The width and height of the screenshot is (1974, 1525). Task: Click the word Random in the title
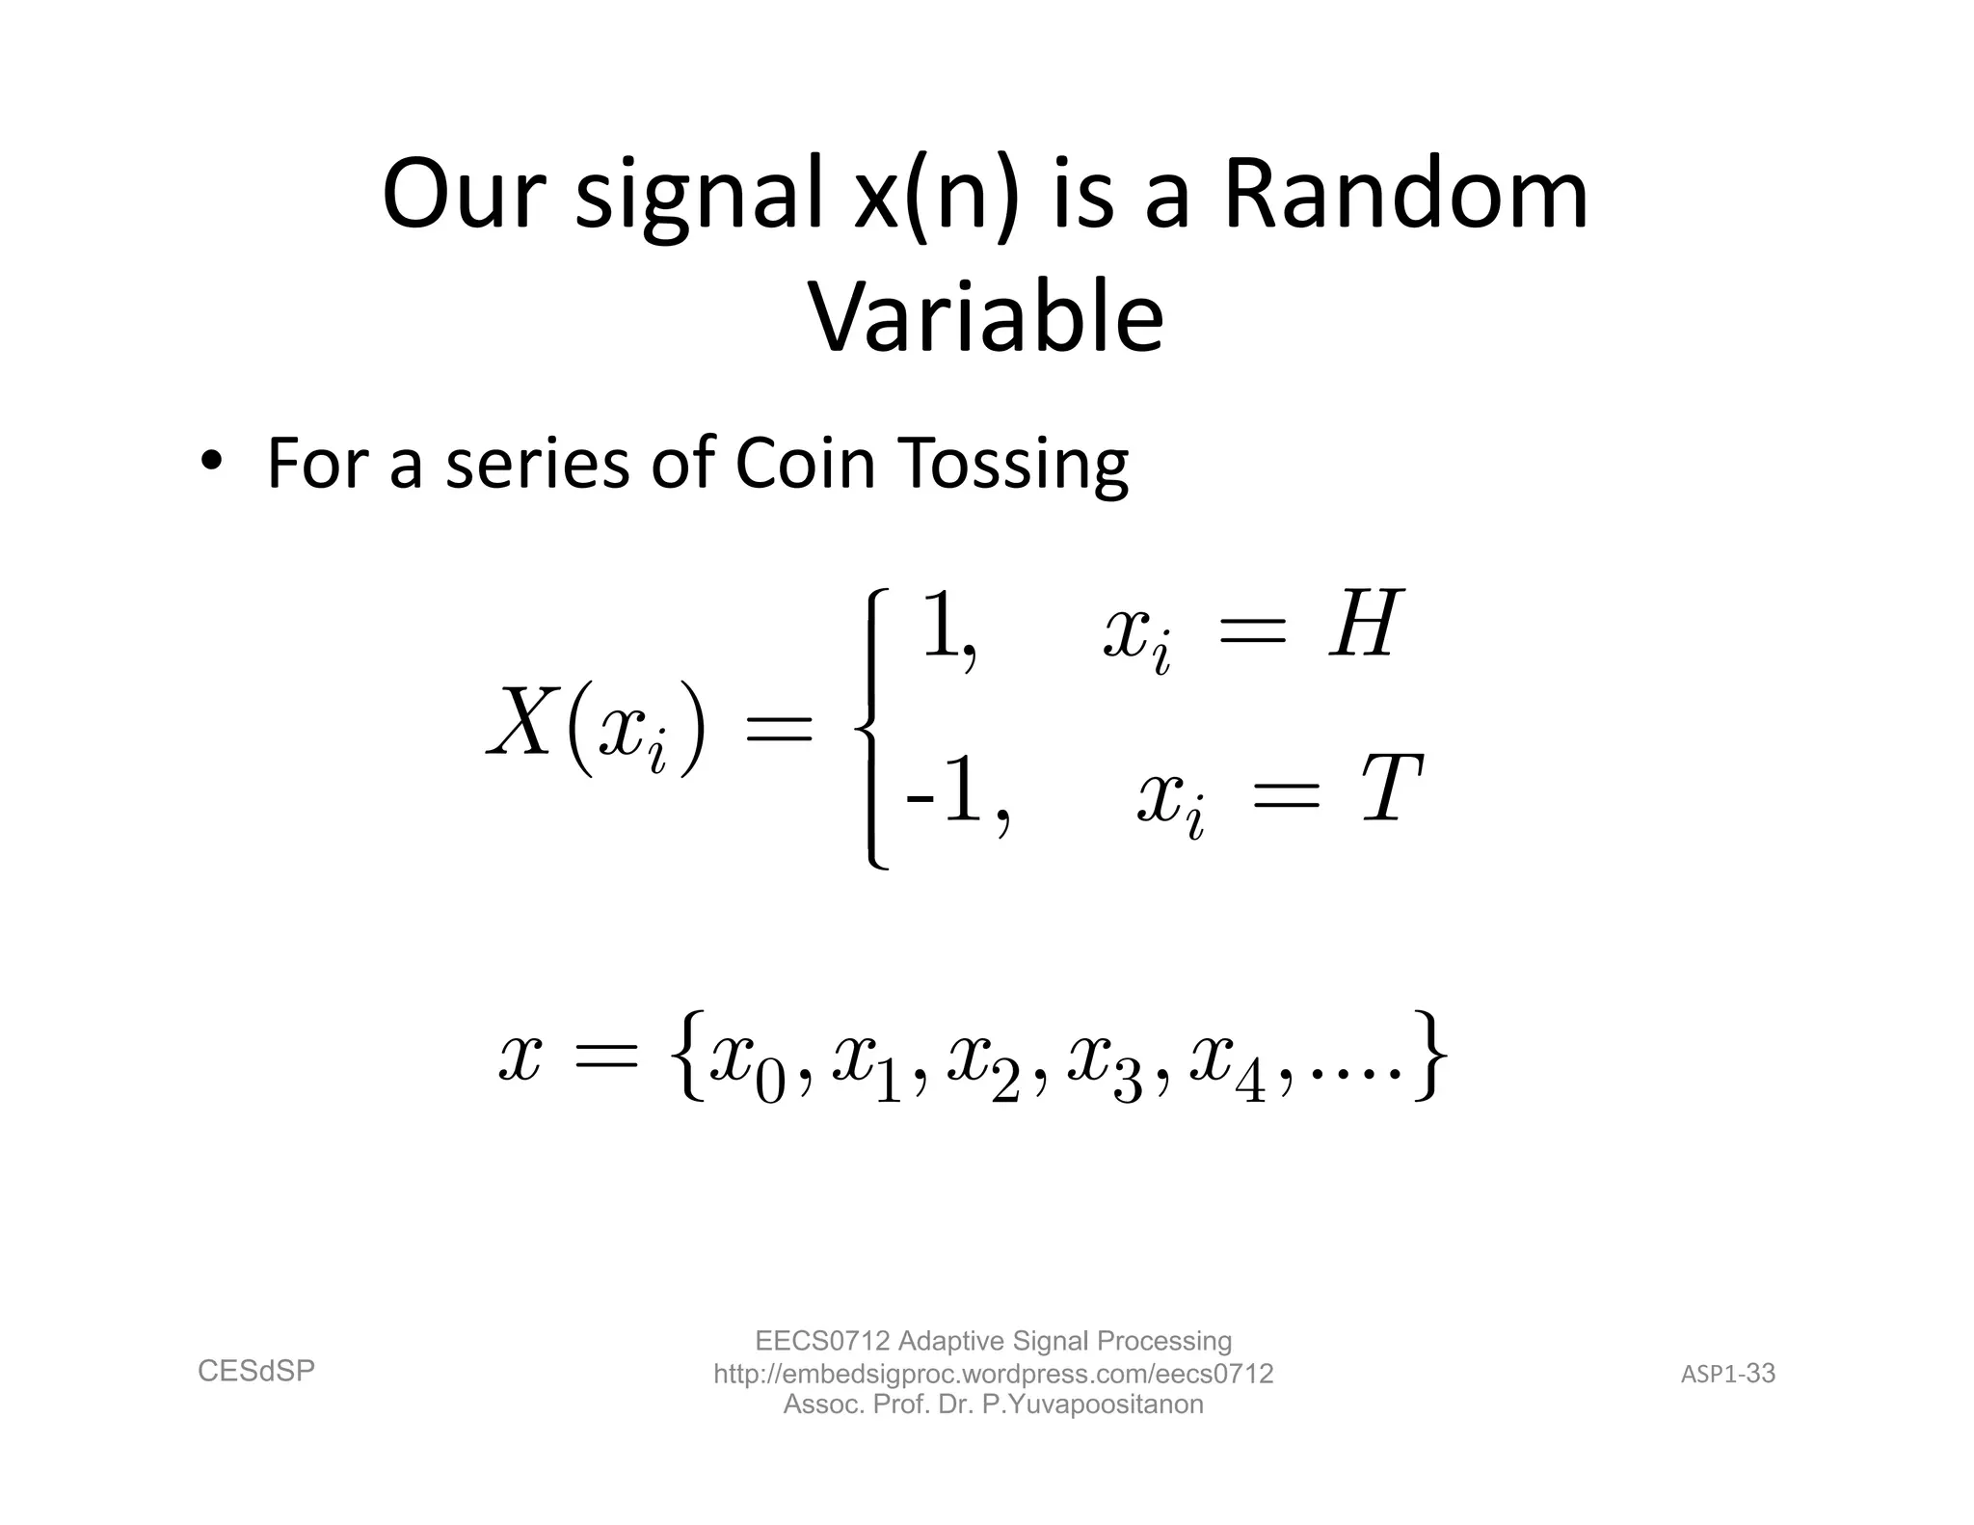(1405, 195)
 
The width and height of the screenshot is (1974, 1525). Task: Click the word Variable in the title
(986, 318)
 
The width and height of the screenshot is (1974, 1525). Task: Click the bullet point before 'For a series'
(211, 461)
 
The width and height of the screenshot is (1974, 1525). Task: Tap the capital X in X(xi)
(523, 723)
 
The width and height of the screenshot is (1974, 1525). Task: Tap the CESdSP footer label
(256, 1371)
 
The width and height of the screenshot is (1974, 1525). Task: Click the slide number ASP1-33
(1727, 1374)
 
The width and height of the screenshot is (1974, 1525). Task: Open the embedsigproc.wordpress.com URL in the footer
(993, 1374)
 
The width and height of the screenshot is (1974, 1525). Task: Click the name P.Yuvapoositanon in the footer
(1092, 1405)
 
